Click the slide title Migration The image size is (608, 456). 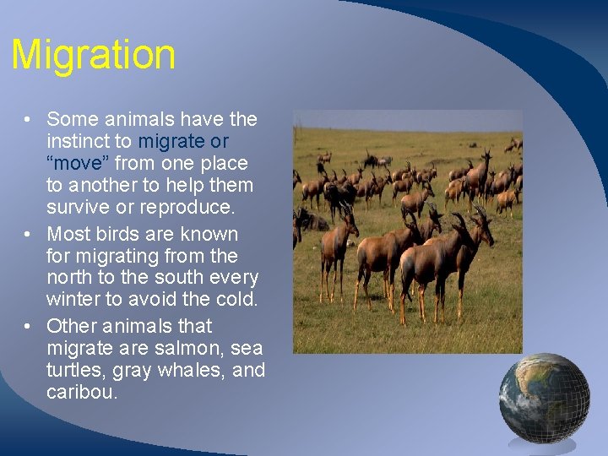click(x=93, y=56)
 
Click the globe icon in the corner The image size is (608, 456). click(x=543, y=398)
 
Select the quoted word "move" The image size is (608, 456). click(x=80, y=163)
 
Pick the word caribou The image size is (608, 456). click(x=83, y=393)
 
